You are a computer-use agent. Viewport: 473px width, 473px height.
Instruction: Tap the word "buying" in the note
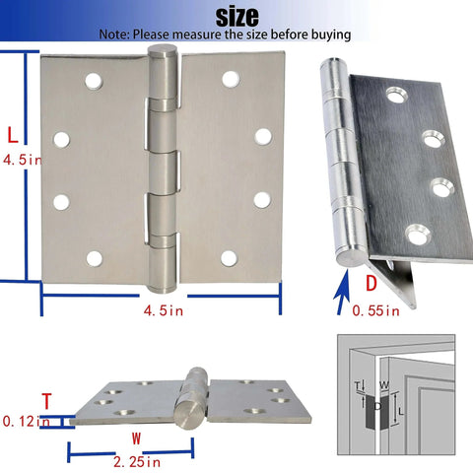(328, 34)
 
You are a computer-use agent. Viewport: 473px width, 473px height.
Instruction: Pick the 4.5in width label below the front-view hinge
(164, 312)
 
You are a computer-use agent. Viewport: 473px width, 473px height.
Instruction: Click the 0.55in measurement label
(376, 312)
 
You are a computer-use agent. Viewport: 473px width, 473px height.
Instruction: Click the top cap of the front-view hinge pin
(163, 51)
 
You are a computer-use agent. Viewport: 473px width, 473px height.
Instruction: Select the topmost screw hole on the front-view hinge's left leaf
(95, 79)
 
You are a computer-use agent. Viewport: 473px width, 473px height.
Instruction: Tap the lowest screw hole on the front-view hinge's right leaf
(229, 258)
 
